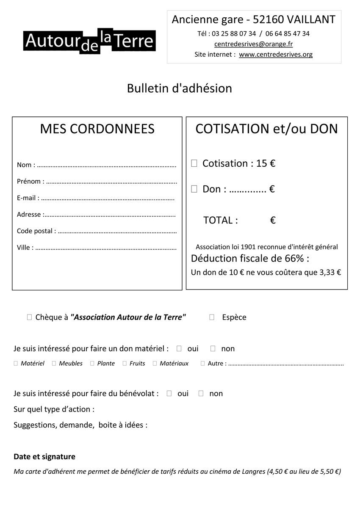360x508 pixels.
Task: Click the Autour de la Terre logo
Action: pyautogui.click(x=90, y=41)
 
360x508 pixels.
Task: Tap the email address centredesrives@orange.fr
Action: pyautogui.click(x=253, y=44)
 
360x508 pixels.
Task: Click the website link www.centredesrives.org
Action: pyautogui.click(x=276, y=55)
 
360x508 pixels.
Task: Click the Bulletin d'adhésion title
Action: pyautogui.click(x=180, y=88)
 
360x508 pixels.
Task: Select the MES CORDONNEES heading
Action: pyautogui.click(x=97, y=129)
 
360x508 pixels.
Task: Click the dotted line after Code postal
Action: pyautogui.click(x=117, y=232)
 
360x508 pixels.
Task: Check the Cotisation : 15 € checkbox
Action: pyautogui.click(x=194, y=163)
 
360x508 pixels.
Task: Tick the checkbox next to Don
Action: pyautogui.click(x=194, y=189)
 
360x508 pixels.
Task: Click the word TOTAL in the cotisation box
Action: pyautogui.click(x=221, y=220)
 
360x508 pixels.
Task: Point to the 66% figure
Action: pyautogui.click(x=294, y=258)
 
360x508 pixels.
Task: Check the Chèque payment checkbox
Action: pyautogui.click(x=29, y=317)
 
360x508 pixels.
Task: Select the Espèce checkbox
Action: pyautogui.click(x=212, y=317)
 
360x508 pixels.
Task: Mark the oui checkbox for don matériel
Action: pyautogui.click(x=179, y=349)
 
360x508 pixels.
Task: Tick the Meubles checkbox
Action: pyautogui.click(x=54, y=363)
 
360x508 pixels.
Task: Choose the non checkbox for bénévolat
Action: pyautogui.click(x=201, y=393)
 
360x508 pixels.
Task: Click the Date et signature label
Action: pyautogui.click(x=44, y=457)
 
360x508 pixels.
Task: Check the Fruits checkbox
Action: pyautogui.click(x=125, y=363)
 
